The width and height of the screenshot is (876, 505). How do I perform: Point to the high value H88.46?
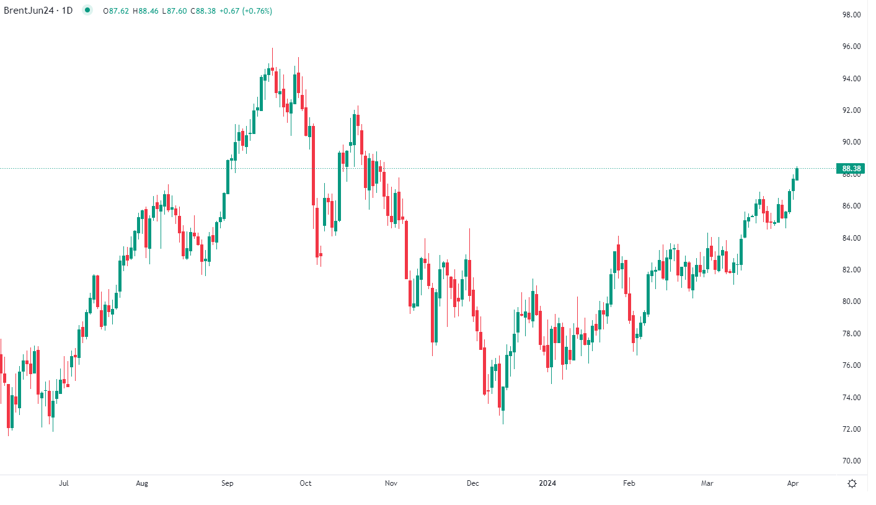[146, 11]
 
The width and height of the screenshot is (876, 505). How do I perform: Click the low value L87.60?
[174, 11]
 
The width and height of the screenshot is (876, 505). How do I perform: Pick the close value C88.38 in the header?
[203, 11]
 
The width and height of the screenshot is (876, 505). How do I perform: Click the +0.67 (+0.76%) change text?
[246, 11]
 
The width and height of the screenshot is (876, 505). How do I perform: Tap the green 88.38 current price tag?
[849, 169]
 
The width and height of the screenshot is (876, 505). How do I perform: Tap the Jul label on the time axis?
[63, 483]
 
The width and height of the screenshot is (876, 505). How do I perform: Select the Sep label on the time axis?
[228, 483]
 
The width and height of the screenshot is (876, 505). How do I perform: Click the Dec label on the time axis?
[472, 483]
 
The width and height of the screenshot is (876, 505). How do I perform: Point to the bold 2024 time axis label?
[547, 483]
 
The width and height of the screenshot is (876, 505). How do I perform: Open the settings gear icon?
[852, 484]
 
